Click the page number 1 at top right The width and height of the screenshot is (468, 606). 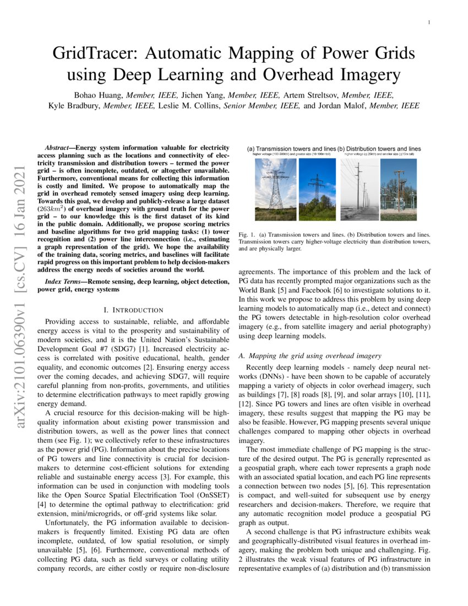coord(429,22)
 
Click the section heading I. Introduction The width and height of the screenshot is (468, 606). coord(133,310)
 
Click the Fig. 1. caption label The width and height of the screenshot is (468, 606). coord(246,235)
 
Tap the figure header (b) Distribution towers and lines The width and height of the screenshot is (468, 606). coord(380,148)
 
